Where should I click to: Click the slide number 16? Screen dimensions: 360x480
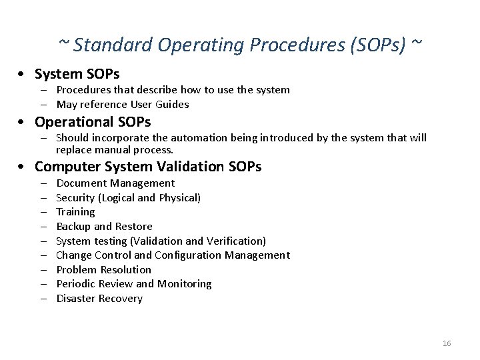coord(447,343)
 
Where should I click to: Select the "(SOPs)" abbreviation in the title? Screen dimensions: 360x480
coord(374,45)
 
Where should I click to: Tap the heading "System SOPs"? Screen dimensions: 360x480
coord(77,73)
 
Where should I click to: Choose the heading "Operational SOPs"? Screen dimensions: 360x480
coord(93,122)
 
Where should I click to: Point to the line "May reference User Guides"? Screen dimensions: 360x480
coord(122,104)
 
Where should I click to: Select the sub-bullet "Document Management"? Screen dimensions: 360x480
coord(115,183)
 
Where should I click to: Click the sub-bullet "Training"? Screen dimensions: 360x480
coord(75,212)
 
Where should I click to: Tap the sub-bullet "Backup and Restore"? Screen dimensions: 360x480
coord(104,227)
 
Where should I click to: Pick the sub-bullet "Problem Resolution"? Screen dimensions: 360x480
coord(103,269)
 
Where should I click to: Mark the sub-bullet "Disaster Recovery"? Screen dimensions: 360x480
coord(99,299)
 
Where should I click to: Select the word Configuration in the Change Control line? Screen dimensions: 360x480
coord(189,255)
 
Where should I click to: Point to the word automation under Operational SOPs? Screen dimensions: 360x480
coord(198,138)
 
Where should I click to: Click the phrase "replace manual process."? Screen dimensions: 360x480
coord(114,150)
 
